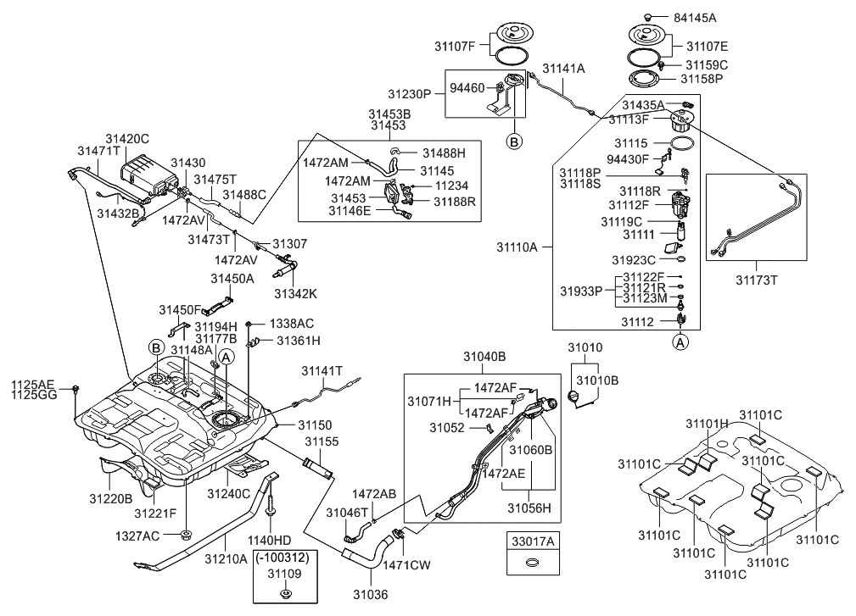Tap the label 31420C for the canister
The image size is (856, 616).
point(127,138)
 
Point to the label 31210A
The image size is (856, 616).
point(226,558)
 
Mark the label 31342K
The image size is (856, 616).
point(295,293)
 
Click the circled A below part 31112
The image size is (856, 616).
point(680,342)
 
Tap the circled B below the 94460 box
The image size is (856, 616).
point(513,142)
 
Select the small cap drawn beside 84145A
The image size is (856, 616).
point(650,16)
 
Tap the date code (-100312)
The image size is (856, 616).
point(285,558)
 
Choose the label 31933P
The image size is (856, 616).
point(579,289)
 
